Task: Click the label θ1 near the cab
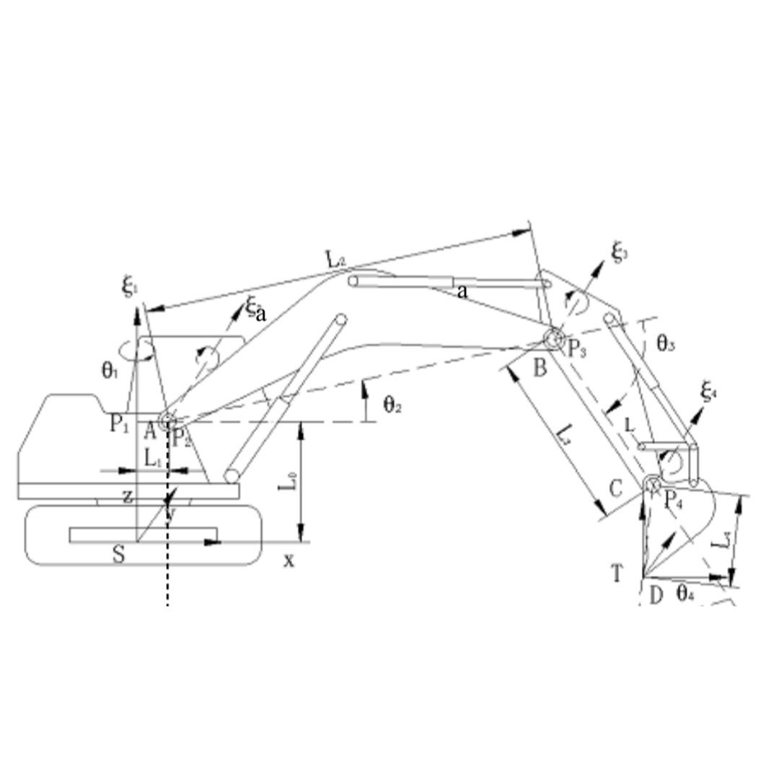[x=109, y=371]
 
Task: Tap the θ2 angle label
[x=392, y=405]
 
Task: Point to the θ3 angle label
[x=665, y=344]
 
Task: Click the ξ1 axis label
[x=130, y=286]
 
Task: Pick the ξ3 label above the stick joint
[x=620, y=252]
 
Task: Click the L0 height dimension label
[x=287, y=493]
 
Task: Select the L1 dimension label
[x=153, y=457]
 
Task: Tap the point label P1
[x=119, y=424]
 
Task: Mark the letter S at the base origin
[x=119, y=555]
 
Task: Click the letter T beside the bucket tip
[x=617, y=574]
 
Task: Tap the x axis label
[x=289, y=560]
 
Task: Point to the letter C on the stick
[x=615, y=489]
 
